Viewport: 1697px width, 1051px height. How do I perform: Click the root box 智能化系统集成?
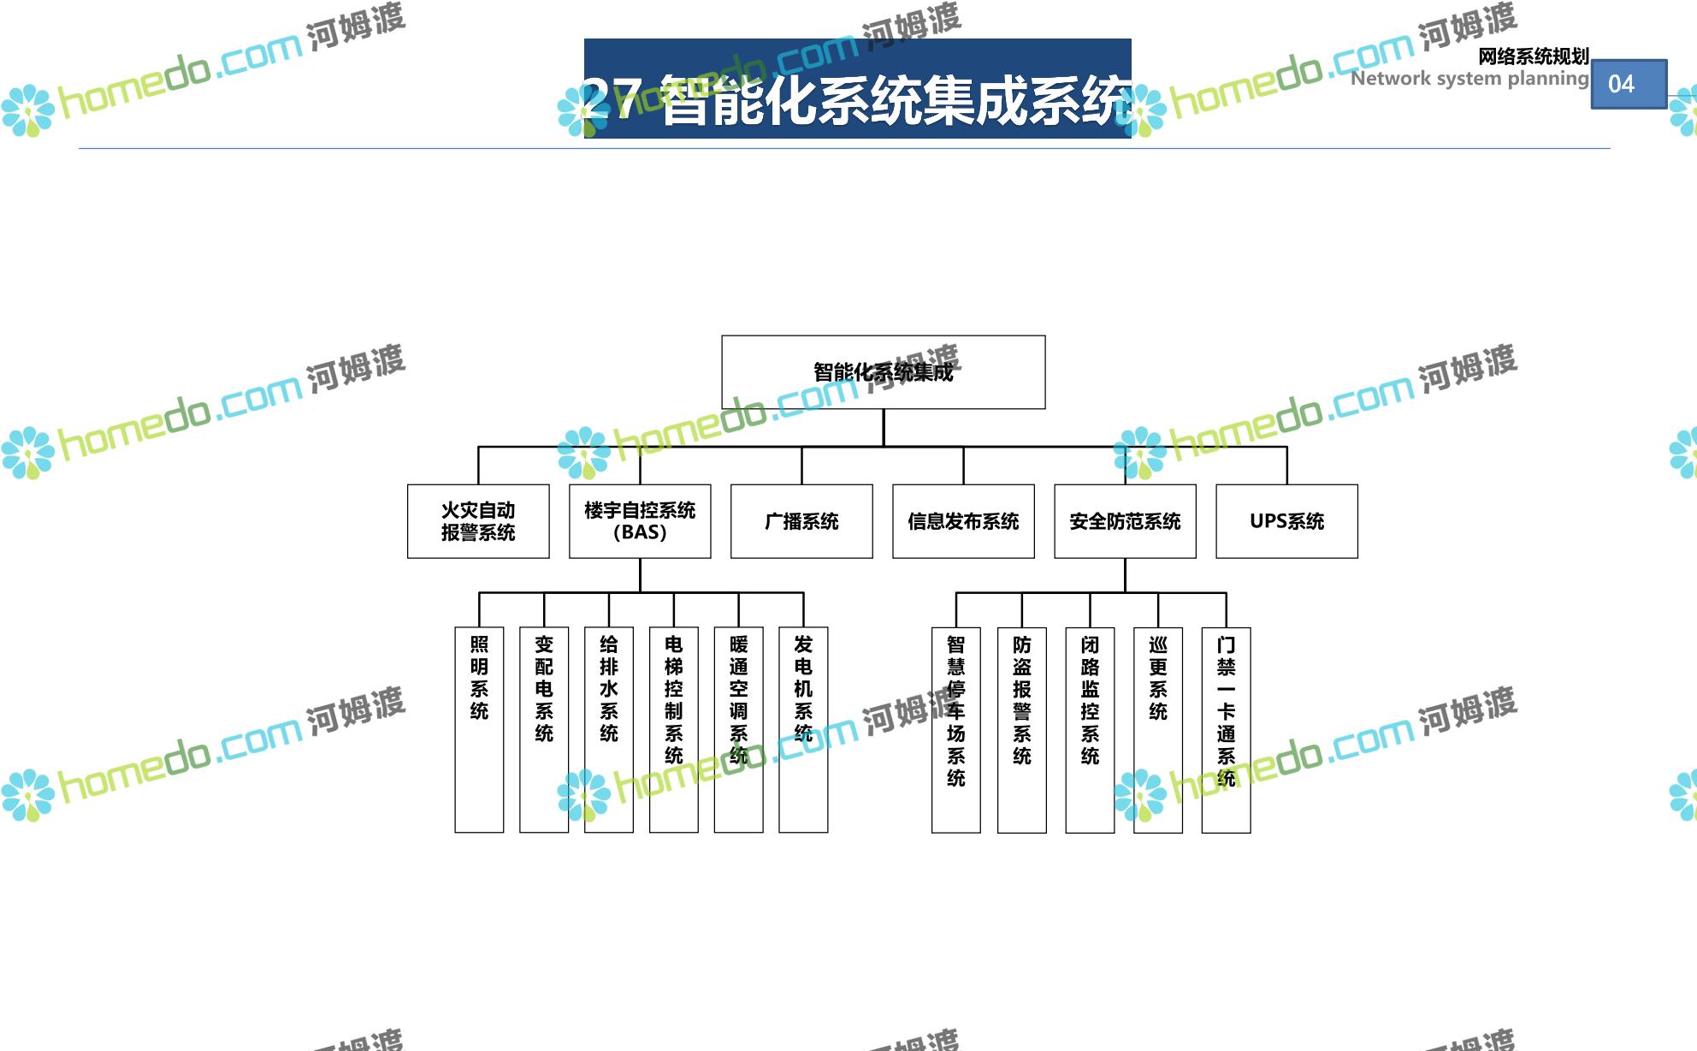click(x=883, y=372)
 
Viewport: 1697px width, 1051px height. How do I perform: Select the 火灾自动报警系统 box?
click(x=478, y=521)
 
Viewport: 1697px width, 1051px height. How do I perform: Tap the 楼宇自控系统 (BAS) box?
click(x=640, y=521)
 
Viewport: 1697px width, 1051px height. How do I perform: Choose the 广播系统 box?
click(x=801, y=521)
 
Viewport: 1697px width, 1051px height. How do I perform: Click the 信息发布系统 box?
click(x=963, y=521)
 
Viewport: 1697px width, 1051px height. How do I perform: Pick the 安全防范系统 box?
click(x=1125, y=521)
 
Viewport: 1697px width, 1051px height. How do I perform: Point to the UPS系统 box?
click(x=1286, y=521)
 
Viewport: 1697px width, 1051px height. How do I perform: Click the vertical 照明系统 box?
click(x=479, y=729)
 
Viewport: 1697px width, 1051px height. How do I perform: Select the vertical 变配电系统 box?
click(x=544, y=729)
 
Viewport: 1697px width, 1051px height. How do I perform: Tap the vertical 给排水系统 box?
click(x=609, y=729)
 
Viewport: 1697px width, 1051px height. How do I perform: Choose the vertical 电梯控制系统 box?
click(x=674, y=729)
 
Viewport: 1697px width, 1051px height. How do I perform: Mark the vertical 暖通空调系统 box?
click(x=738, y=729)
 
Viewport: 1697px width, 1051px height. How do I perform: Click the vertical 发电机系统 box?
click(x=803, y=729)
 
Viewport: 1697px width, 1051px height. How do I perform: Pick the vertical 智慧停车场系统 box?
click(x=955, y=729)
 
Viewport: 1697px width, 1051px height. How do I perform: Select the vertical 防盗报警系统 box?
click(x=1022, y=729)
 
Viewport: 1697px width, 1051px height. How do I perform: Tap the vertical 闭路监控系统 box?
click(x=1090, y=729)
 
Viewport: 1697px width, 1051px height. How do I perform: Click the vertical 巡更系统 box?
click(x=1158, y=729)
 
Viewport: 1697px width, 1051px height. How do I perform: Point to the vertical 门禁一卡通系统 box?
click(x=1226, y=729)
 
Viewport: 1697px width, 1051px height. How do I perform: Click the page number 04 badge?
click(x=1629, y=84)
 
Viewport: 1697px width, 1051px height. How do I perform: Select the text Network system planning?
click(x=1469, y=79)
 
